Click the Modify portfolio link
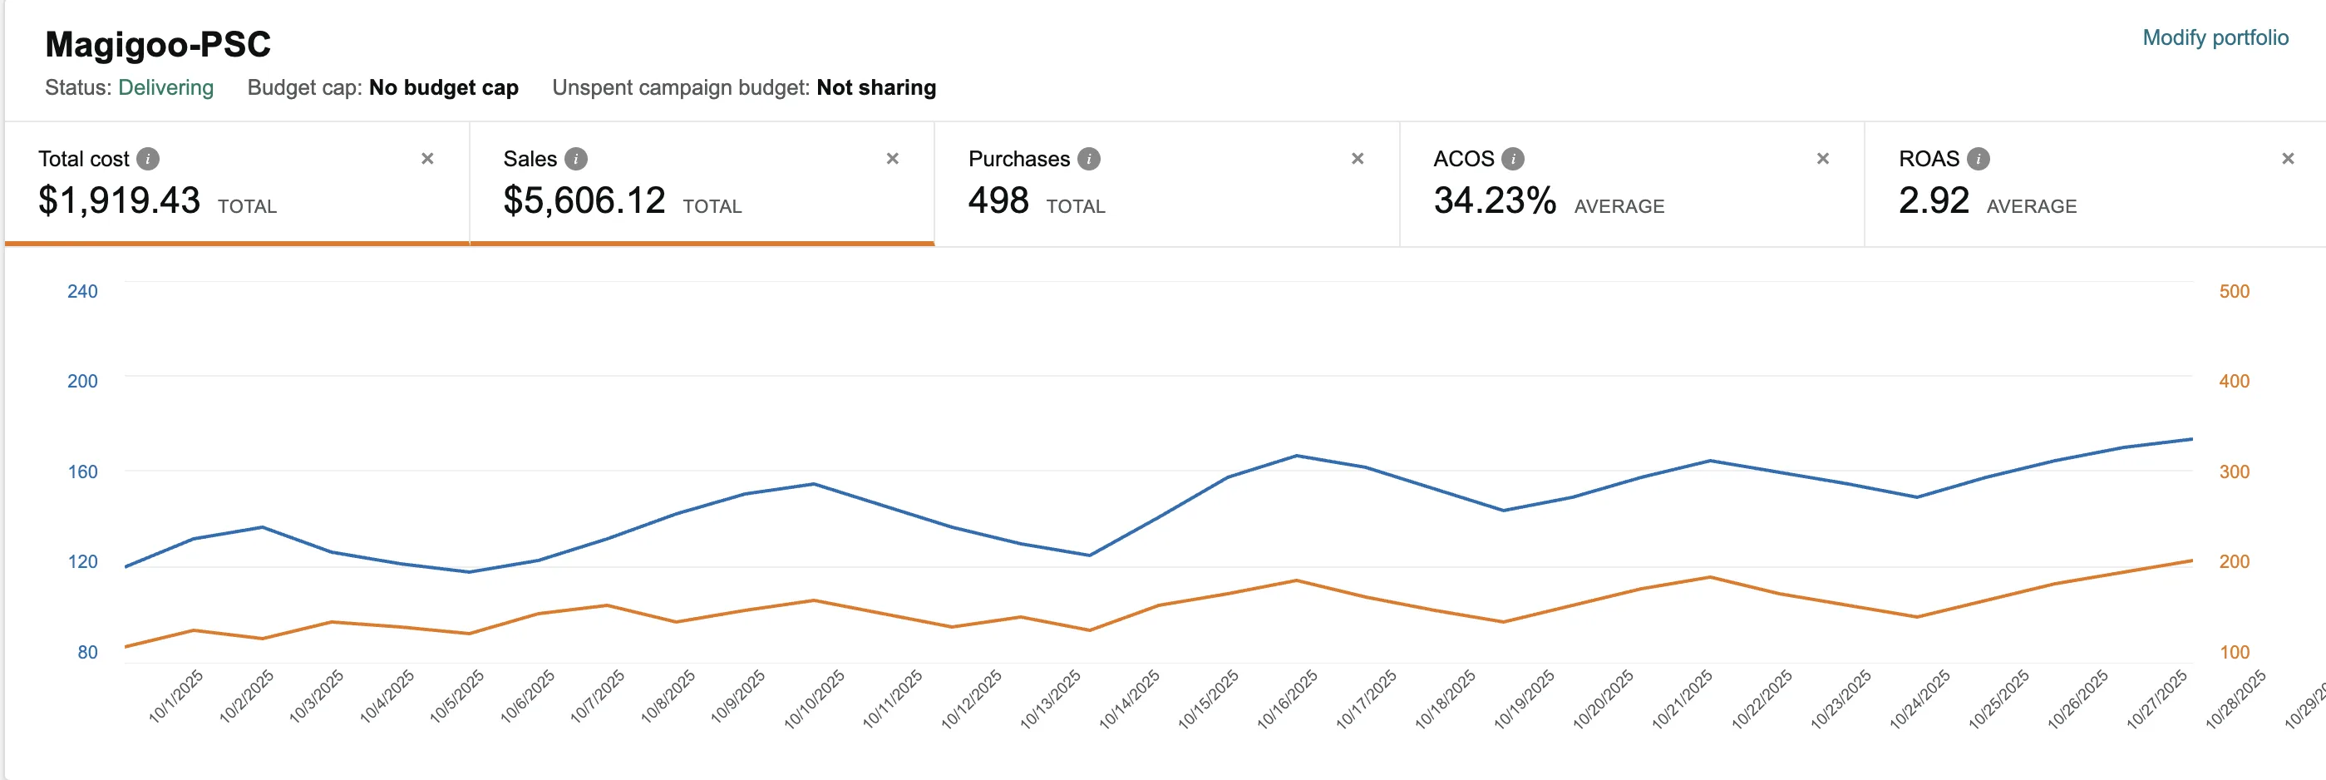tap(2215, 38)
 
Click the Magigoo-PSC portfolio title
tap(158, 44)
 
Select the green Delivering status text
tap(166, 87)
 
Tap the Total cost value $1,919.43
tap(119, 200)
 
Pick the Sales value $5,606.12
tap(584, 200)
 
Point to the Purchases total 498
tap(998, 200)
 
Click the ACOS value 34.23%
tap(1495, 200)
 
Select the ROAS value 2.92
tap(1934, 200)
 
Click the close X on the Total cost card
tap(428, 159)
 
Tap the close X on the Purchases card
tap(1358, 159)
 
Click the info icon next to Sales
tap(576, 159)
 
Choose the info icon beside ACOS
tap(1512, 159)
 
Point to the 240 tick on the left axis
tap(82, 292)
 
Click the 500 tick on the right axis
tap(2234, 292)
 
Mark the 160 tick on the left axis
tap(82, 471)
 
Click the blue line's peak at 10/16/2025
tap(1297, 456)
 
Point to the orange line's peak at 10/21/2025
tap(1710, 577)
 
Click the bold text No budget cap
tap(443, 87)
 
